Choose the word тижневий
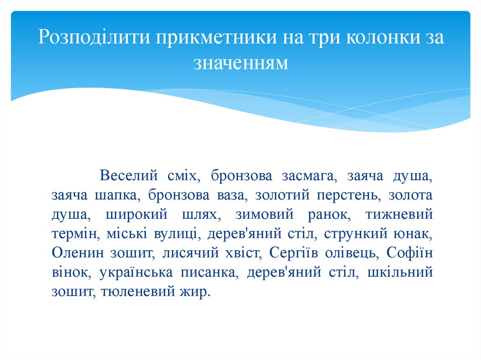398,214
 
